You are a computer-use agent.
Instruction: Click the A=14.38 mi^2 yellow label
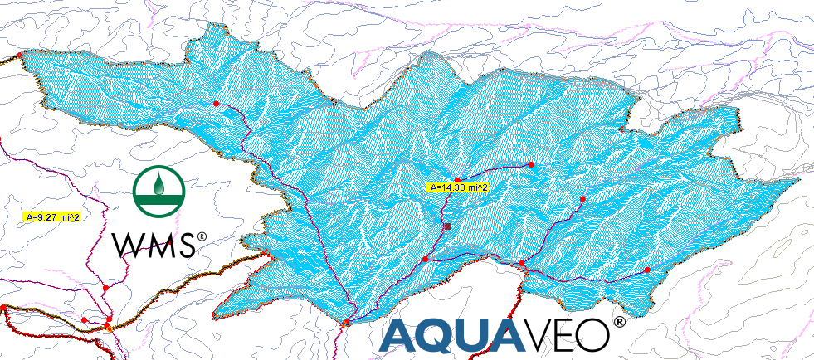457,187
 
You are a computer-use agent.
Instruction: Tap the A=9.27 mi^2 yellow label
52,217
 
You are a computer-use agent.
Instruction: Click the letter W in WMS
128,244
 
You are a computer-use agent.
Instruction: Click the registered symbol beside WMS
202,237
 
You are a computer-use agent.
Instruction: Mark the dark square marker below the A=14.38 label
447,226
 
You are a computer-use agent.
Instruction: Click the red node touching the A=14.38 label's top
457,180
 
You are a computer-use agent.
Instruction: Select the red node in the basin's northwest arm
216,104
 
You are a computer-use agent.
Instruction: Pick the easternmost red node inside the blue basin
647,271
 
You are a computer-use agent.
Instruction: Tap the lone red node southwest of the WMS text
105,287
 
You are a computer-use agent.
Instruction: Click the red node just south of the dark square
426,260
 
